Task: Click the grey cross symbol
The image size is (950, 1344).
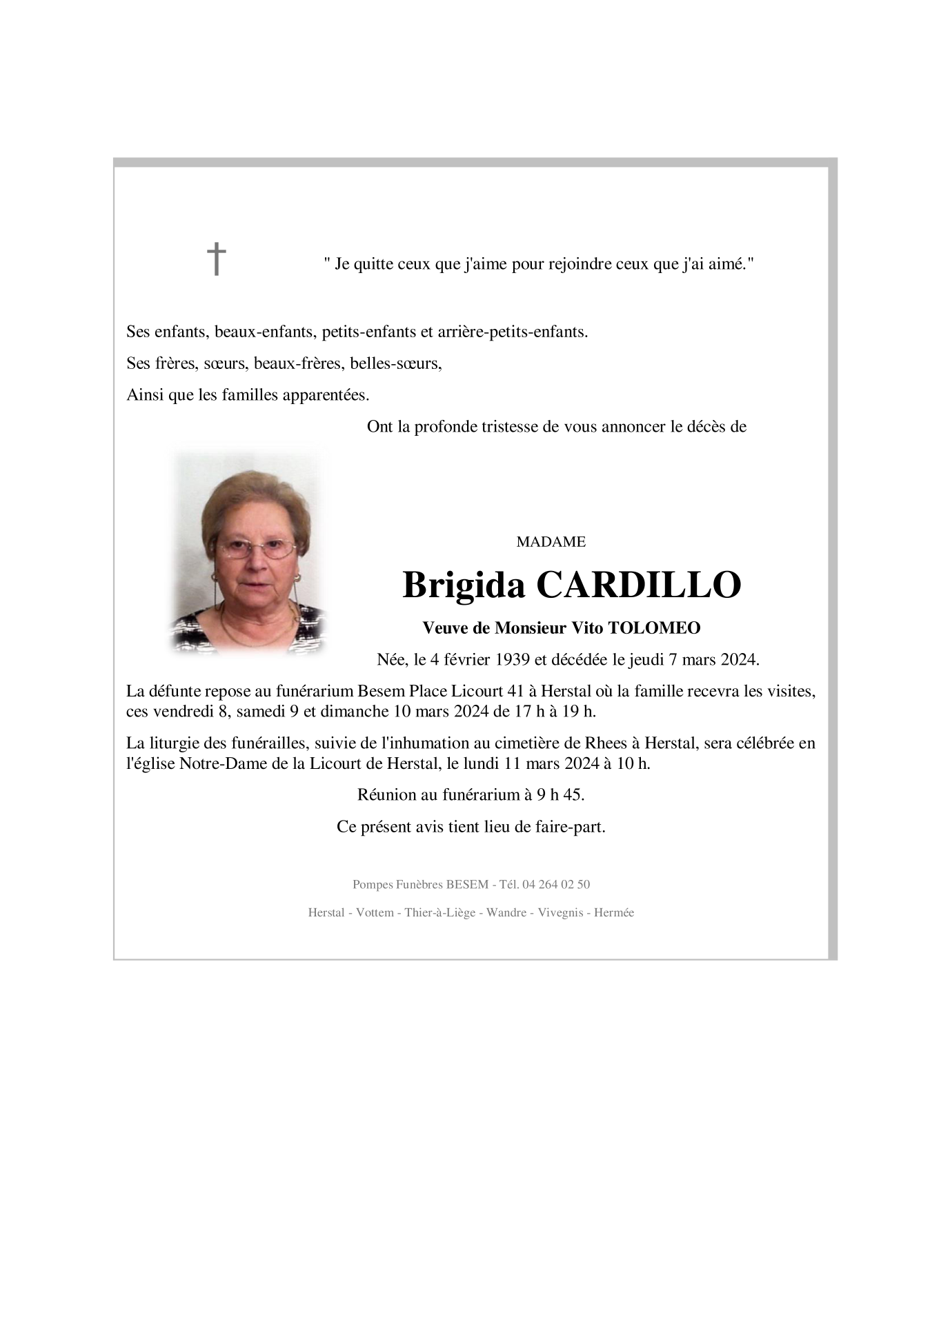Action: tap(217, 259)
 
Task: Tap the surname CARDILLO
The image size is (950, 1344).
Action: tap(638, 585)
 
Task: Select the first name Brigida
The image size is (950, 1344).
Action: tap(465, 585)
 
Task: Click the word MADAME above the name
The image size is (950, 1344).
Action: tap(551, 542)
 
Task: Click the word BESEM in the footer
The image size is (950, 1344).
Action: tap(467, 884)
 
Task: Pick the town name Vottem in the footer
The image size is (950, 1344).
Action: tap(375, 912)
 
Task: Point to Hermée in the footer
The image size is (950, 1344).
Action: tap(613, 912)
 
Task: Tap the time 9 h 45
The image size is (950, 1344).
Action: tap(560, 794)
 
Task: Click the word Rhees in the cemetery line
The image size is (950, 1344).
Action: tap(606, 743)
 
